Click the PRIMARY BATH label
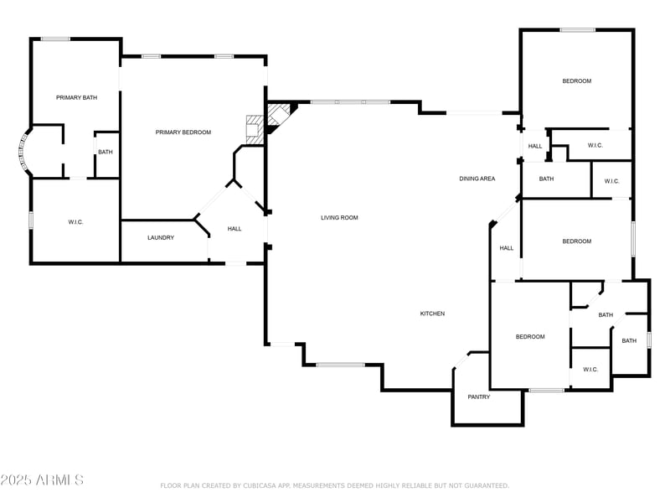click(76, 98)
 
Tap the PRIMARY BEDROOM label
click(183, 132)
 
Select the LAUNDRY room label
click(161, 238)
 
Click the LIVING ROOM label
click(339, 218)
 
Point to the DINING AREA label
click(477, 179)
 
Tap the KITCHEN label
click(432, 314)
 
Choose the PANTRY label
click(479, 397)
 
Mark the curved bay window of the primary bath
click(23, 152)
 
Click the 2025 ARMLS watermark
click(42, 480)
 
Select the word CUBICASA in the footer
click(262, 485)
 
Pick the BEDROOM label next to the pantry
click(530, 337)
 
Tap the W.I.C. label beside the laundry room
click(75, 222)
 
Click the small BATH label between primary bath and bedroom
click(106, 152)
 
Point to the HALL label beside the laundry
click(234, 229)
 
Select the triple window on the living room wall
click(350, 102)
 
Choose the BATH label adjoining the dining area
click(546, 179)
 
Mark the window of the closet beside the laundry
click(31, 220)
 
